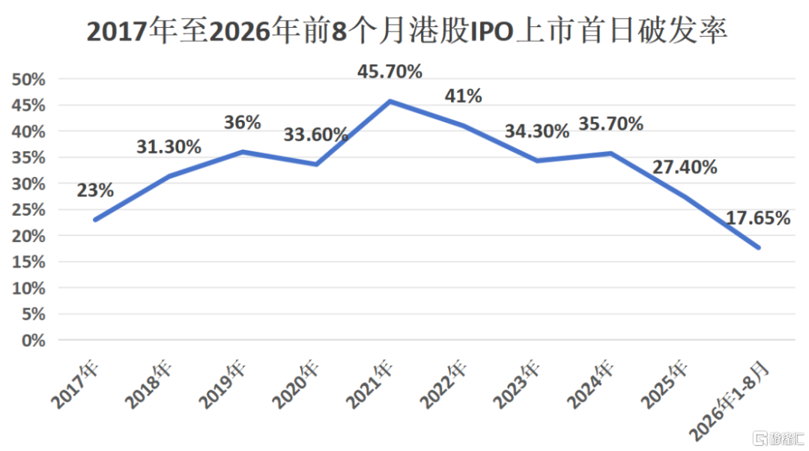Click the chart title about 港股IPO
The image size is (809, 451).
(407, 31)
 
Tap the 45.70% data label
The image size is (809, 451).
(390, 71)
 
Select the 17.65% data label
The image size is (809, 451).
(758, 218)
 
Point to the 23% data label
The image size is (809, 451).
(95, 190)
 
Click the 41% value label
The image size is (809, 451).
(464, 95)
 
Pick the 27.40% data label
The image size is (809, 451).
(685, 167)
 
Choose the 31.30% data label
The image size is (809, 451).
(169, 147)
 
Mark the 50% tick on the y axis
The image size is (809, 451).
(28, 79)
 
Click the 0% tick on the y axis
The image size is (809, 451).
(34, 341)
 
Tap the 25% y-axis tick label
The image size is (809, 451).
(28, 210)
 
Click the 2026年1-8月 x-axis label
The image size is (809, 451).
(729, 401)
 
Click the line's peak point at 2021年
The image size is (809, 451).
(390, 102)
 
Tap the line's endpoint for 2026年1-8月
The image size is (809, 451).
(758, 248)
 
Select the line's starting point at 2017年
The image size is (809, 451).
(95, 220)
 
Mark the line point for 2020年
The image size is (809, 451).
(316, 165)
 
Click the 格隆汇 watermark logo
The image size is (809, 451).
(778, 438)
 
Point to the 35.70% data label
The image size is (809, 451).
(611, 124)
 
